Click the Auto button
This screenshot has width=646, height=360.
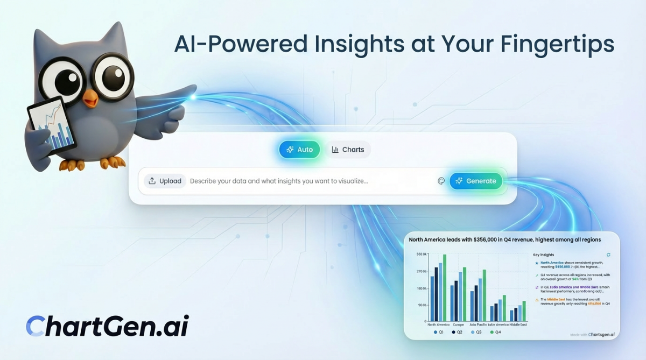(299, 150)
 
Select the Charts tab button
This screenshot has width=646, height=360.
(348, 150)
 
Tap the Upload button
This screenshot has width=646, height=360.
(165, 181)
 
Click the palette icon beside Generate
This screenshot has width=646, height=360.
(441, 181)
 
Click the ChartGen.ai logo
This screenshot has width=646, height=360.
(107, 326)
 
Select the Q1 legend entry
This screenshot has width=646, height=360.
(439, 333)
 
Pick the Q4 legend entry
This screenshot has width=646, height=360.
(495, 333)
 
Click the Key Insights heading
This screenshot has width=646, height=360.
(543, 255)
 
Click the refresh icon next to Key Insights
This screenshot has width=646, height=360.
(608, 255)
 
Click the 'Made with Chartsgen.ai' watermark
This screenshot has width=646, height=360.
(592, 335)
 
